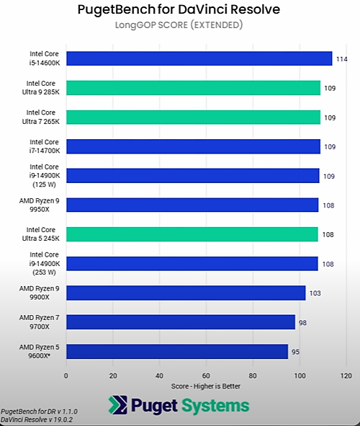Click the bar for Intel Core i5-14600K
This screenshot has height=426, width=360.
click(x=199, y=58)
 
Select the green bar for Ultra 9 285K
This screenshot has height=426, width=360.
click(x=193, y=88)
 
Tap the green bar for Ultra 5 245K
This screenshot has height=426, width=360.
click(x=192, y=234)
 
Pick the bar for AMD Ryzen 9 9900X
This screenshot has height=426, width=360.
click(x=186, y=293)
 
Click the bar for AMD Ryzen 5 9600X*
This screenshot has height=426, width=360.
click(x=177, y=351)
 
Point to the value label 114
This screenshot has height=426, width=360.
click(x=341, y=59)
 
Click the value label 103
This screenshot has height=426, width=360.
click(x=315, y=293)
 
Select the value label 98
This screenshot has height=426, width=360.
click(x=302, y=322)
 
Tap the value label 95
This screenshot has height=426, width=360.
click(x=295, y=352)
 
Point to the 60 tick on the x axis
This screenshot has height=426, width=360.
click(x=207, y=376)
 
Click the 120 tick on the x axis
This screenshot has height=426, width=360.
click(x=346, y=376)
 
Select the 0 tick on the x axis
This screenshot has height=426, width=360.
click(x=66, y=376)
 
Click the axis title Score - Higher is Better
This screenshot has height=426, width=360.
click(x=206, y=386)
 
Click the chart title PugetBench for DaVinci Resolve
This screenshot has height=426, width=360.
click(x=178, y=10)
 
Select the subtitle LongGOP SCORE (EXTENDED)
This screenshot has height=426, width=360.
click(x=178, y=25)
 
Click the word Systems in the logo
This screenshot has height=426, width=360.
click(x=214, y=406)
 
